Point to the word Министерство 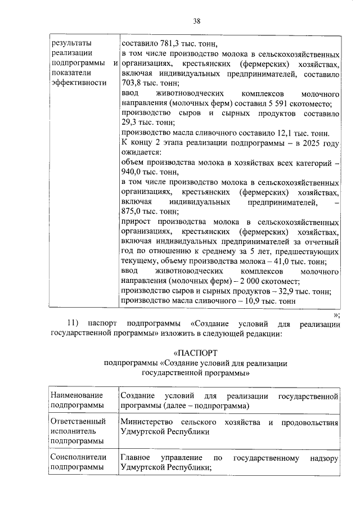[147, 422]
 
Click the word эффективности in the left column [78, 83]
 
